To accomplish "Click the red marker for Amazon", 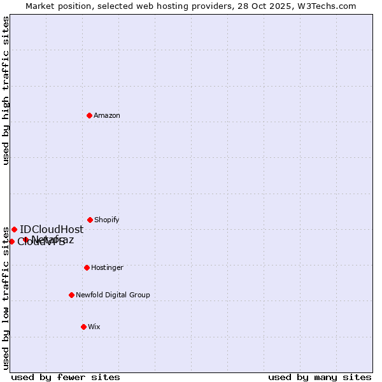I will click(x=89, y=115).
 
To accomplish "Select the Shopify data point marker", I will click(x=90, y=220).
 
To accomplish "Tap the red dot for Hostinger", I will click(x=87, y=267).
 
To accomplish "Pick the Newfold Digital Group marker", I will click(x=71, y=295).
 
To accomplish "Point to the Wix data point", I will click(x=83, y=327).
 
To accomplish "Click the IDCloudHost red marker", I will click(x=14, y=229).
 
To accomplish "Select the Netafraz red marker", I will click(x=25, y=240).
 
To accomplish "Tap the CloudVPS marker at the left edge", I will click(x=11, y=241).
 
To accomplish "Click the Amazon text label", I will click(x=107, y=115).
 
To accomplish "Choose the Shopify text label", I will click(x=107, y=220).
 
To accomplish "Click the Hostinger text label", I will click(x=107, y=267).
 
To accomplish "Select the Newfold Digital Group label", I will click(x=113, y=295).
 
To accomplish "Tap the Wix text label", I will click(x=94, y=327).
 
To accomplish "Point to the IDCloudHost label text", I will click(x=52, y=229).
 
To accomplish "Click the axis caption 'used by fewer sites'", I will click(x=66, y=377).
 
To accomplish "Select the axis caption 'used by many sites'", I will click(x=320, y=377).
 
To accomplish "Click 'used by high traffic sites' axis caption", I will click(x=6, y=90).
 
